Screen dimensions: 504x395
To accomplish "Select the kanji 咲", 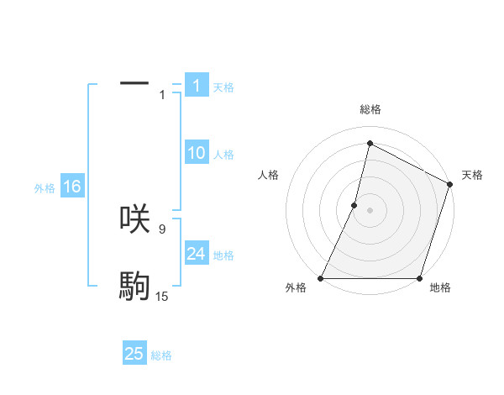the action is (x=134, y=219).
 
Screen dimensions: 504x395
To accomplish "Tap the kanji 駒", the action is (x=134, y=287).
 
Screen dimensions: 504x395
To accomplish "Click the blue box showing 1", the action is (x=197, y=86).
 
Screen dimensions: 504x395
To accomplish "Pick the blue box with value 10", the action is (x=197, y=153).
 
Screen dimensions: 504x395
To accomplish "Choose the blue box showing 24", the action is (x=197, y=254).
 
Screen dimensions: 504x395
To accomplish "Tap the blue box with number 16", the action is (x=71, y=187).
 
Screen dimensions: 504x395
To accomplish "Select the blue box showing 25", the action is (x=134, y=354).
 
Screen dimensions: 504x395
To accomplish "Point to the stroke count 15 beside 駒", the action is (x=162, y=297).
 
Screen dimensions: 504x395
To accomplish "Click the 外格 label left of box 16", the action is (x=45, y=188).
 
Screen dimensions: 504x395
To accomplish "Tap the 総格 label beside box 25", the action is (x=161, y=355).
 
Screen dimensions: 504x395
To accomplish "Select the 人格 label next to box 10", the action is (x=223, y=155).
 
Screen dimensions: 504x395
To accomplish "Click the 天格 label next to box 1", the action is (x=223, y=87).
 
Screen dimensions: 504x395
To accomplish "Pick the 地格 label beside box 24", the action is (x=223, y=255).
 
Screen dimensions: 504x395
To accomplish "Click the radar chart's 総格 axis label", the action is (x=370, y=110).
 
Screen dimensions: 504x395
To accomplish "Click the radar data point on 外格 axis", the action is (x=321, y=278).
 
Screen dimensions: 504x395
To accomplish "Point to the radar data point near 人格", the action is (x=354, y=205).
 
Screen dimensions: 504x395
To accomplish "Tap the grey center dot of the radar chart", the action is (x=370, y=210).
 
